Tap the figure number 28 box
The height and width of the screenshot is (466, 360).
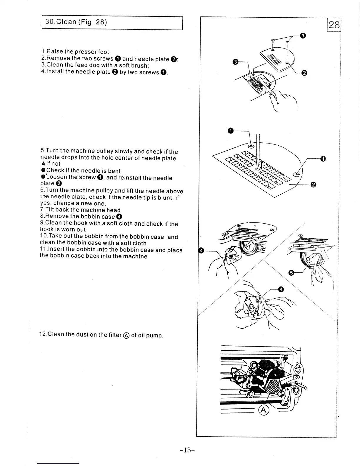334,25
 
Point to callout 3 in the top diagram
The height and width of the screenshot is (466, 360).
235,62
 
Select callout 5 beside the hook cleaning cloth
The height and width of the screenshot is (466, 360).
291,273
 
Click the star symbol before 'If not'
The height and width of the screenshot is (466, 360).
43,164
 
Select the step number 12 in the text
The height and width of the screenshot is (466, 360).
43,334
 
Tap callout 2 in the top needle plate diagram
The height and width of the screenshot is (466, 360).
304,73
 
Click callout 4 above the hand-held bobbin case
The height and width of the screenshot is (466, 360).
281,290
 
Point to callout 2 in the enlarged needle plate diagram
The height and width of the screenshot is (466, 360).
313,184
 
